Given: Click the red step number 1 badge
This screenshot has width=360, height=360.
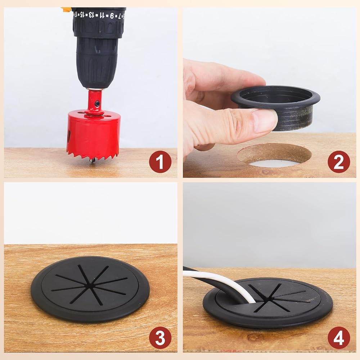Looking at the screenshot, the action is click(x=160, y=162).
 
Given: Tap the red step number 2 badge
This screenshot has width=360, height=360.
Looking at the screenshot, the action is click(x=339, y=162).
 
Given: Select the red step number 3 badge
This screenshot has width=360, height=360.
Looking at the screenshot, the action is click(x=160, y=338).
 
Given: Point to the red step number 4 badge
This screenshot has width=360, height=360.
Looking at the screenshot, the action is click(x=339, y=338).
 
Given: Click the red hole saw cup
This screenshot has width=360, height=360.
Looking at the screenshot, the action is click(x=94, y=133).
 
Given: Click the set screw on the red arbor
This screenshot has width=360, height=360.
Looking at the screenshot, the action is click(x=98, y=104).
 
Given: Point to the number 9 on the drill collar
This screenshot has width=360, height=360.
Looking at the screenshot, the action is click(x=112, y=15).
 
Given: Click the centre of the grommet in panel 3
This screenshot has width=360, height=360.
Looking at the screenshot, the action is click(x=90, y=286).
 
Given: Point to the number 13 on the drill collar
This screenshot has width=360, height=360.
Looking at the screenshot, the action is click(x=91, y=15).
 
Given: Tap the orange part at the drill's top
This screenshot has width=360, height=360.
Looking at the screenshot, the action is click(x=66, y=9).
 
